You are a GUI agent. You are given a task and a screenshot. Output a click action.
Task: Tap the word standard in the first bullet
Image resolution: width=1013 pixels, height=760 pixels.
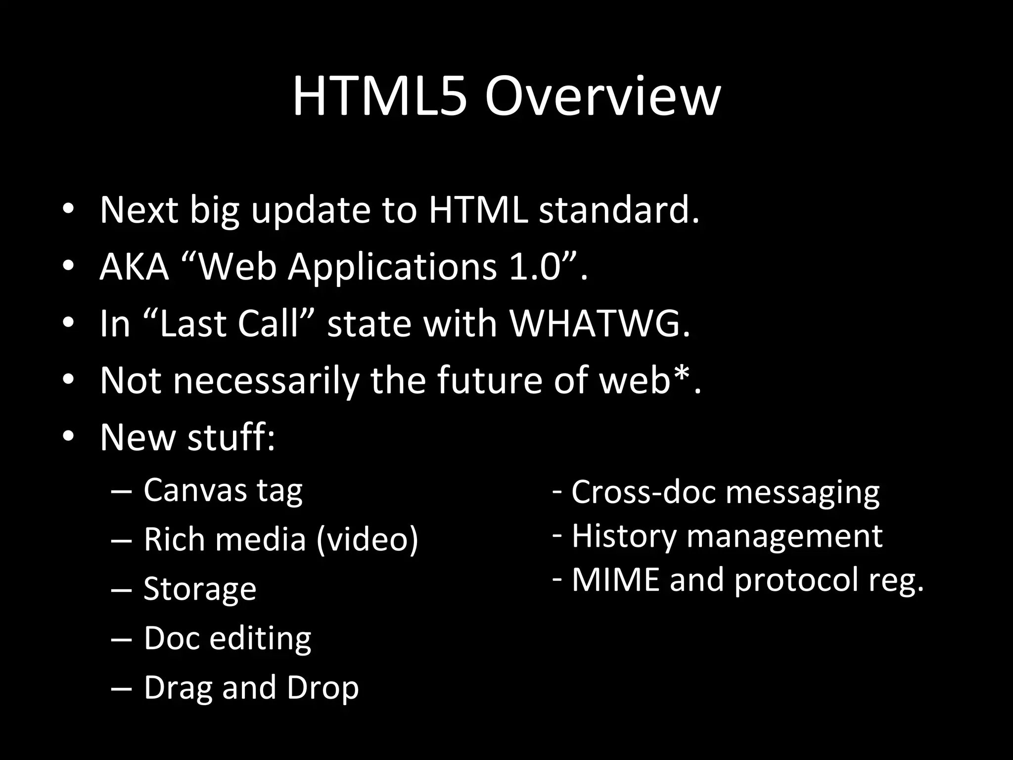pos(619,210)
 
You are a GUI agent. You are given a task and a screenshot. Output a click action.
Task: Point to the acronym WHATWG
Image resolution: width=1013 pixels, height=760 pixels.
pos(599,324)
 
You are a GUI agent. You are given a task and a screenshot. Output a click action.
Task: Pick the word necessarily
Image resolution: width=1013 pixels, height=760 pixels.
pos(265,381)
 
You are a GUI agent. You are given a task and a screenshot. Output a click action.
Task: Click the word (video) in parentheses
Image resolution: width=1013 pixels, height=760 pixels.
pos(367,539)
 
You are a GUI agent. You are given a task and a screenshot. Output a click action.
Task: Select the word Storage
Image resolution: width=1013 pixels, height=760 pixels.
pos(200,589)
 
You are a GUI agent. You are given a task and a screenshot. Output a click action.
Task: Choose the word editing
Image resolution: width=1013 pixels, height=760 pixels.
pos(260,638)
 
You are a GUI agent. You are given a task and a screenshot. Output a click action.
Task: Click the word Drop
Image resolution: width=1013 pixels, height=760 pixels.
pos(322,688)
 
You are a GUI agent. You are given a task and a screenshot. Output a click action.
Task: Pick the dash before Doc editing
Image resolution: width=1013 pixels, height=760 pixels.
pos(122,639)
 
